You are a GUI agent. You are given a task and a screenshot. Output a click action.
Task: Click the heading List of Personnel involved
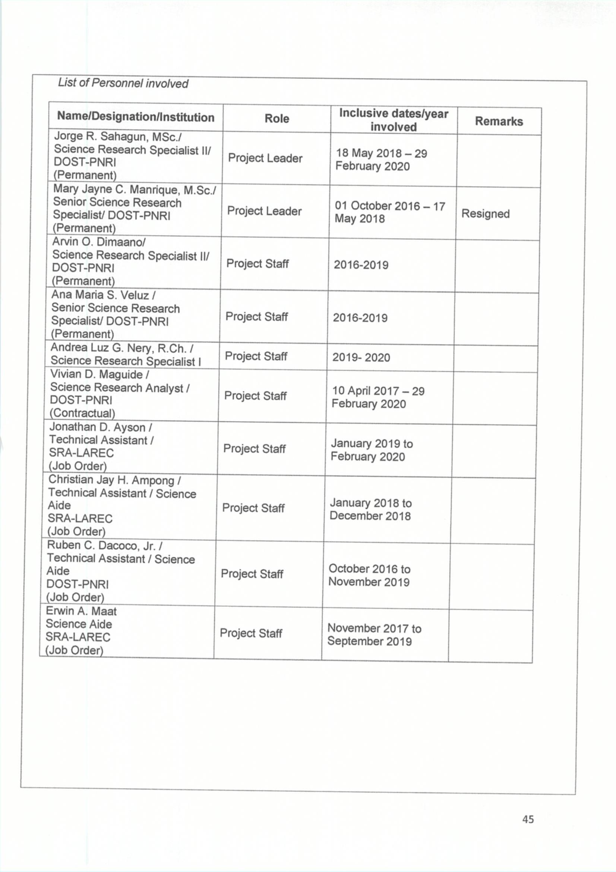click(x=123, y=83)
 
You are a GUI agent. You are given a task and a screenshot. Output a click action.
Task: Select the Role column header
click(x=277, y=119)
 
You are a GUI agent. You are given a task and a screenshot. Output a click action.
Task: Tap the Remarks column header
click(x=499, y=121)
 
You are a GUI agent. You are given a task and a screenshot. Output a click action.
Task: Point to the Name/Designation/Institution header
click(x=136, y=117)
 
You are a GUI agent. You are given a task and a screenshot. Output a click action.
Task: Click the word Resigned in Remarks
click(x=485, y=214)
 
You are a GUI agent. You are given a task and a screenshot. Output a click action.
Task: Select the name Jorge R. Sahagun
click(x=102, y=137)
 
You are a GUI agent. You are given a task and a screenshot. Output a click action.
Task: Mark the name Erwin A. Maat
click(x=81, y=611)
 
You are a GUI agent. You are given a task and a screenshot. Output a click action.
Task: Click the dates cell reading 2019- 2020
click(x=361, y=357)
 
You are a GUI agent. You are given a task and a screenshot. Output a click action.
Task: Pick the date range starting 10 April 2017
click(x=378, y=397)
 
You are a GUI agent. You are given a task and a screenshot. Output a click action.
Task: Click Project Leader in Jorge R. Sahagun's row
click(x=265, y=158)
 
